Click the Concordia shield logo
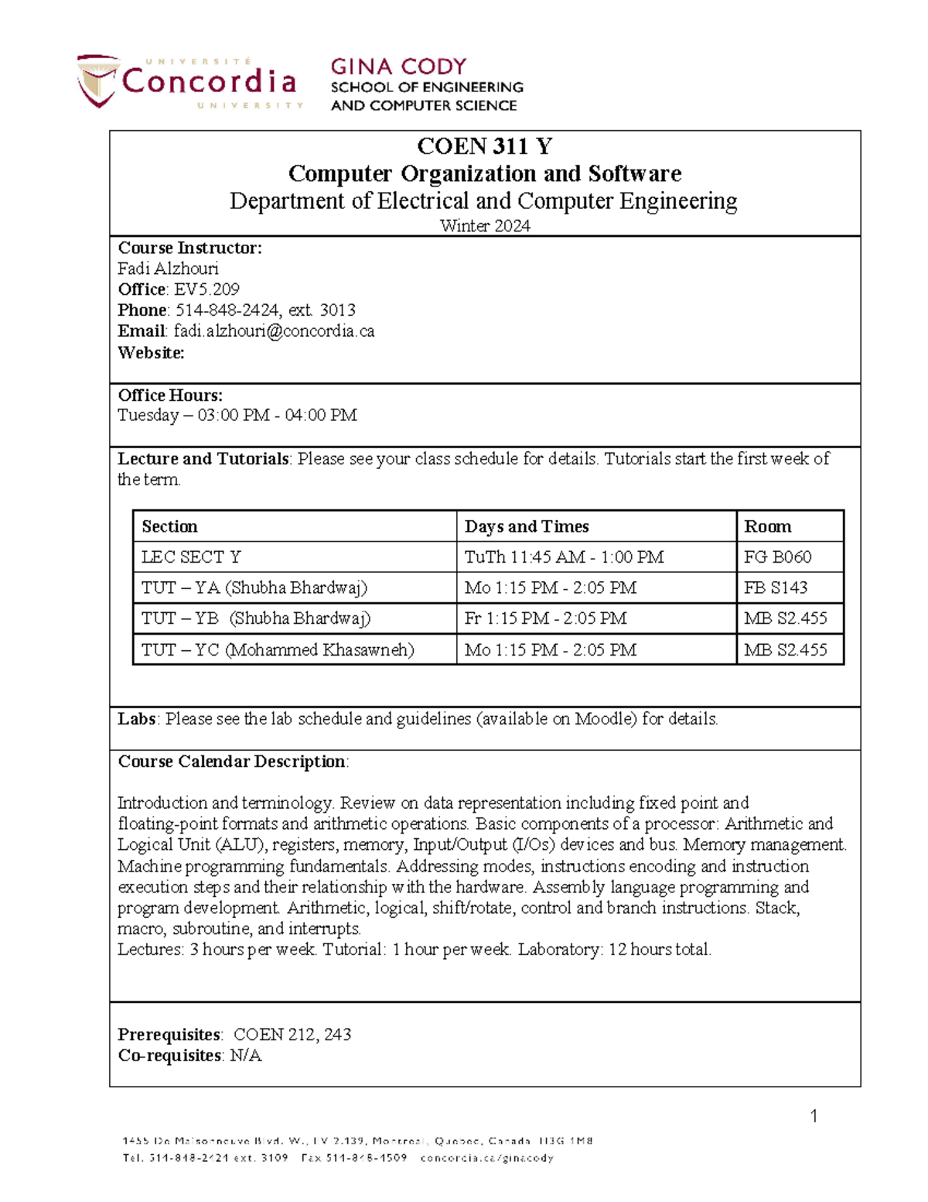click(x=97, y=80)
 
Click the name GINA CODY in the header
click(x=398, y=67)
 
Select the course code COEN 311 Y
click(x=484, y=146)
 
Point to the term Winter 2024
click(x=485, y=226)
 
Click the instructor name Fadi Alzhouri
click(x=168, y=269)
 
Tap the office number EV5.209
click(x=206, y=289)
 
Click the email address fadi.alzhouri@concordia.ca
click(x=274, y=331)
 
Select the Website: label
click(x=151, y=353)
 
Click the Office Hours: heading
click(x=169, y=395)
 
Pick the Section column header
click(x=169, y=526)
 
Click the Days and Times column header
click(x=527, y=526)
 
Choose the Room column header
click(x=767, y=526)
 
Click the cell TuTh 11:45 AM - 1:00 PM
click(x=564, y=557)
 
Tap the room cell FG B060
click(x=777, y=557)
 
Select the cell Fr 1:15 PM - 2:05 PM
click(x=545, y=618)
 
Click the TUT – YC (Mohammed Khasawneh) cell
click(x=278, y=649)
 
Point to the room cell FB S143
click(x=776, y=587)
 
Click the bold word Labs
click(x=137, y=719)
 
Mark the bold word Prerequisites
click(x=169, y=1035)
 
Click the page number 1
click(x=814, y=1115)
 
